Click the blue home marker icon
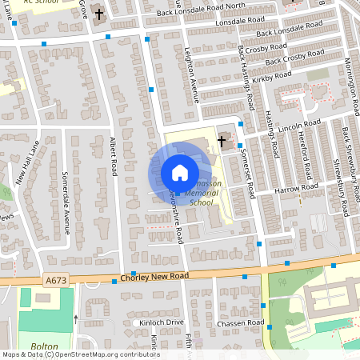pos(180,173)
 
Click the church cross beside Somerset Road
pos(222,144)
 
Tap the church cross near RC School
pos(100,14)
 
